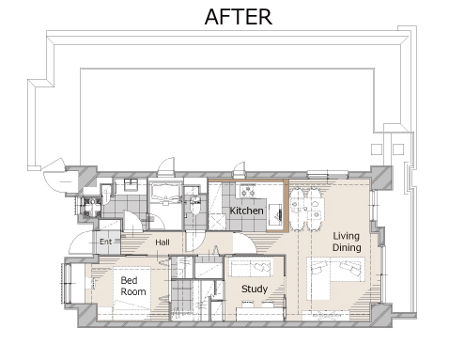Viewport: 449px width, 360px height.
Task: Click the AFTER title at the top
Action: [x=239, y=17]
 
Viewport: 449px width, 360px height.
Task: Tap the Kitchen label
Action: [x=246, y=211]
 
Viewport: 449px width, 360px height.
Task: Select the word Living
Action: [x=346, y=237]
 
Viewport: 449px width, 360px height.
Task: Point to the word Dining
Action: [x=347, y=247]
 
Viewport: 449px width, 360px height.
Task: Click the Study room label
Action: [x=255, y=289]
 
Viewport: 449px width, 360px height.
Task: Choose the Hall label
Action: [x=163, y=243]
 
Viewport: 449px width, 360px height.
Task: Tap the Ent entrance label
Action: [x=105, y=242]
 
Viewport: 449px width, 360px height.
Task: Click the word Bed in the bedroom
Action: [x=129, y=280]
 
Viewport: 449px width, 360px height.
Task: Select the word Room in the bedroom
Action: [x=133, y=291]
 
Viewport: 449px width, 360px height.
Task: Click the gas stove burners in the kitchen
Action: [x=247, y=191]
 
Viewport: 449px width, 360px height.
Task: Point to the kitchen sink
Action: [x=275, y=214]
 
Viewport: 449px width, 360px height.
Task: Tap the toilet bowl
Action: [x=195, y=205]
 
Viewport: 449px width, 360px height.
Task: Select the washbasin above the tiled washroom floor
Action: [x=130, y=184]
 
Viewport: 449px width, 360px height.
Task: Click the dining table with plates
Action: [x=306, y=210]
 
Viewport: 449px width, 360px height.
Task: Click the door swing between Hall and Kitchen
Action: [x=244, y=243]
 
